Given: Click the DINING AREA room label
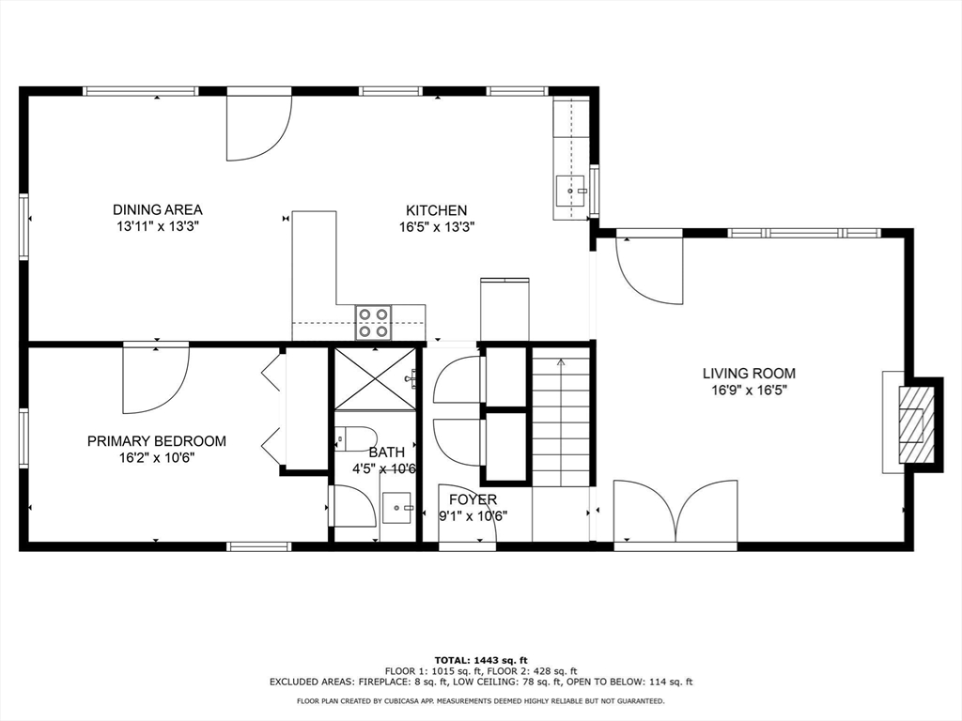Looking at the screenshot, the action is click(x=158, y=209).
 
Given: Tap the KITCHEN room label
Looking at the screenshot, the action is click(x=437, y=210).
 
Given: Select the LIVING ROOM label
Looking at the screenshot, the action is click(x=749, y=374).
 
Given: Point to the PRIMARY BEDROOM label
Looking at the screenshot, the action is click(x=157, y=441).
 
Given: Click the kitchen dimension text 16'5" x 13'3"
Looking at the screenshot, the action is click(x=437, y=227).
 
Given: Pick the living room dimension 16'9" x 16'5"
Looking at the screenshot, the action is click(x=749, y=390).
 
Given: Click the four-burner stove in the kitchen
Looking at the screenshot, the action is click(x=374, y=323).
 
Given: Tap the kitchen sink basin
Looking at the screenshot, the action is click(x=570, y=191).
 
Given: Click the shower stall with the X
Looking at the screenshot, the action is click(x=375, y=378).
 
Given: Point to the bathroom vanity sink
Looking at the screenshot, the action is click(x=397, y=507).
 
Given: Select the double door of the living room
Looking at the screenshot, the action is click(x=675, y=513).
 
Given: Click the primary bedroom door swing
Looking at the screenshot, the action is click(x=156, y=378).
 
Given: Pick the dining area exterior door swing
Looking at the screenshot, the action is click(x=259, y=126).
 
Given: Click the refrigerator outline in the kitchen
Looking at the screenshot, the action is click(x=504, y=310).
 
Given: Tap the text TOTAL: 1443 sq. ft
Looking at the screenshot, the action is click(x=481, y=660).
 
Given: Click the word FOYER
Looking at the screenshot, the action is click(x=473, y=499).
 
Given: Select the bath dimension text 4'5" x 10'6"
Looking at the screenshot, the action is click(x=384, y=469).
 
